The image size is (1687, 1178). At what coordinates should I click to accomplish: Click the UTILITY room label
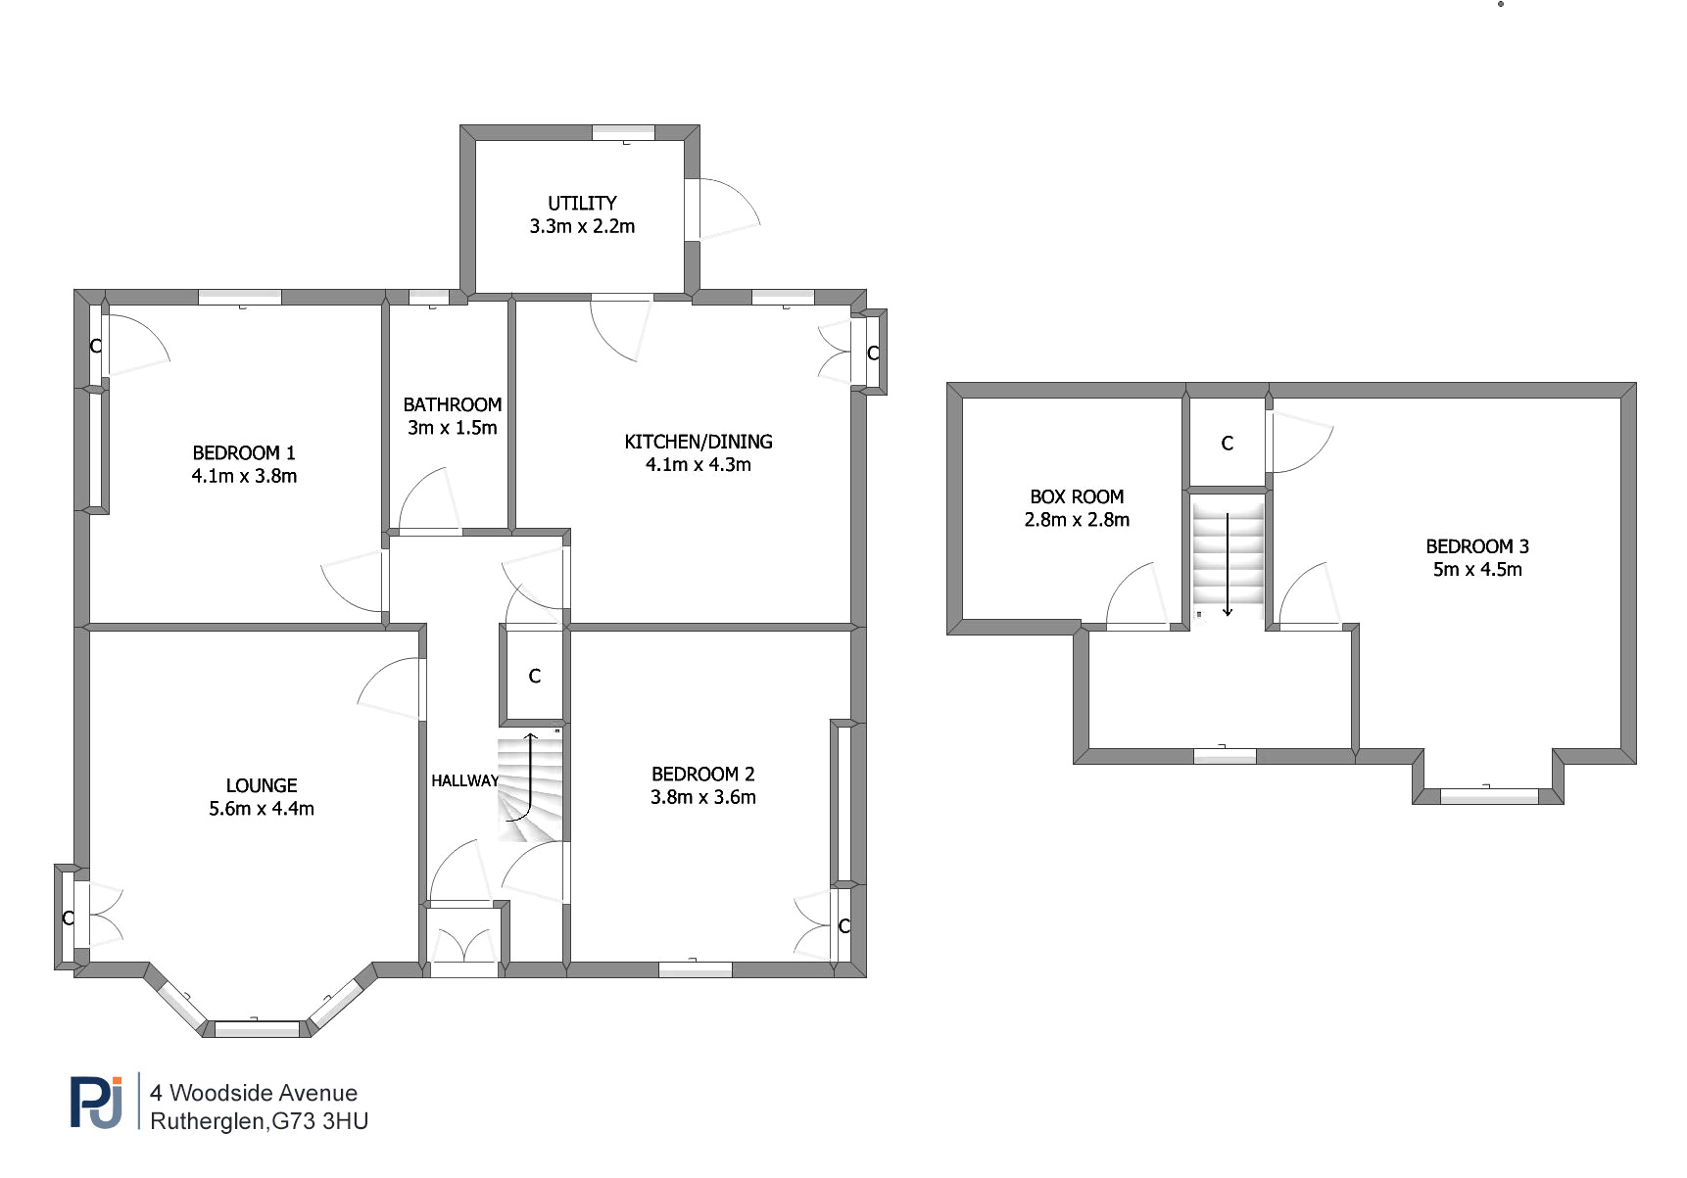coord(582,204)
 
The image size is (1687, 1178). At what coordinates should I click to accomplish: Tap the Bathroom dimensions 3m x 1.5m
coord(453,428)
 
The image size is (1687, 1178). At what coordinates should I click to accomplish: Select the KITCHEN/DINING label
coord(699,442)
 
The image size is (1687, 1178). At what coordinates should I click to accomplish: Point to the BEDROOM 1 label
coord(244,453)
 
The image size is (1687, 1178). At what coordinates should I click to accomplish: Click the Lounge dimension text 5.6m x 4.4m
coord(262,809)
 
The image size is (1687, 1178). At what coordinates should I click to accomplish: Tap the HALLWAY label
coord(464,780)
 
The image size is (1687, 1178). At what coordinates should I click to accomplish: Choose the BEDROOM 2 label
coord(703,775)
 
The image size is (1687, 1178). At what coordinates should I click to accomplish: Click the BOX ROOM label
coord(1077,497)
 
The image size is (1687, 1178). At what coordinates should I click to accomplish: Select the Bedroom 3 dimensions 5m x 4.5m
coord(1477,570)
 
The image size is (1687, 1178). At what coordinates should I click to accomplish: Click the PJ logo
coord(97,1103)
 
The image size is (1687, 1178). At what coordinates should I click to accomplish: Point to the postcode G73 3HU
coord(319,1121)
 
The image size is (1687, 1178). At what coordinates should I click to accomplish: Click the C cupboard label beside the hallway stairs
coord(535,677)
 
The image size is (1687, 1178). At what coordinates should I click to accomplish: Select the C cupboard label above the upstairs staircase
coord(1228,444)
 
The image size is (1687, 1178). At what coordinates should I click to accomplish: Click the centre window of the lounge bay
coord(257,1029)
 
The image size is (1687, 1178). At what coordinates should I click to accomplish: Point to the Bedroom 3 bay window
coord(1488,796)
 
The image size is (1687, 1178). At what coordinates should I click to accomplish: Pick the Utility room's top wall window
coord(623,133)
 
